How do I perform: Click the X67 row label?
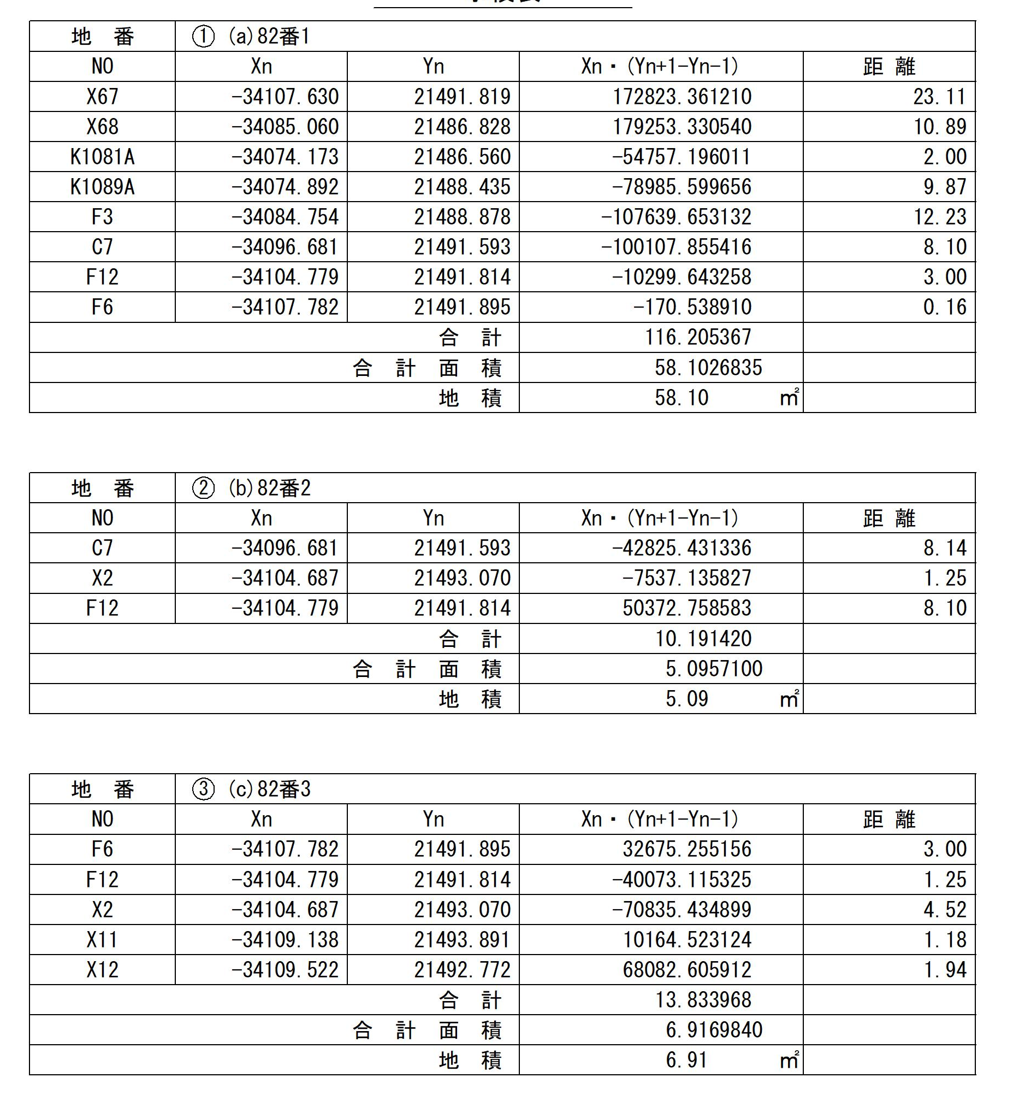(x=103, y=97)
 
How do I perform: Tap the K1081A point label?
(x=103, y=157)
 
